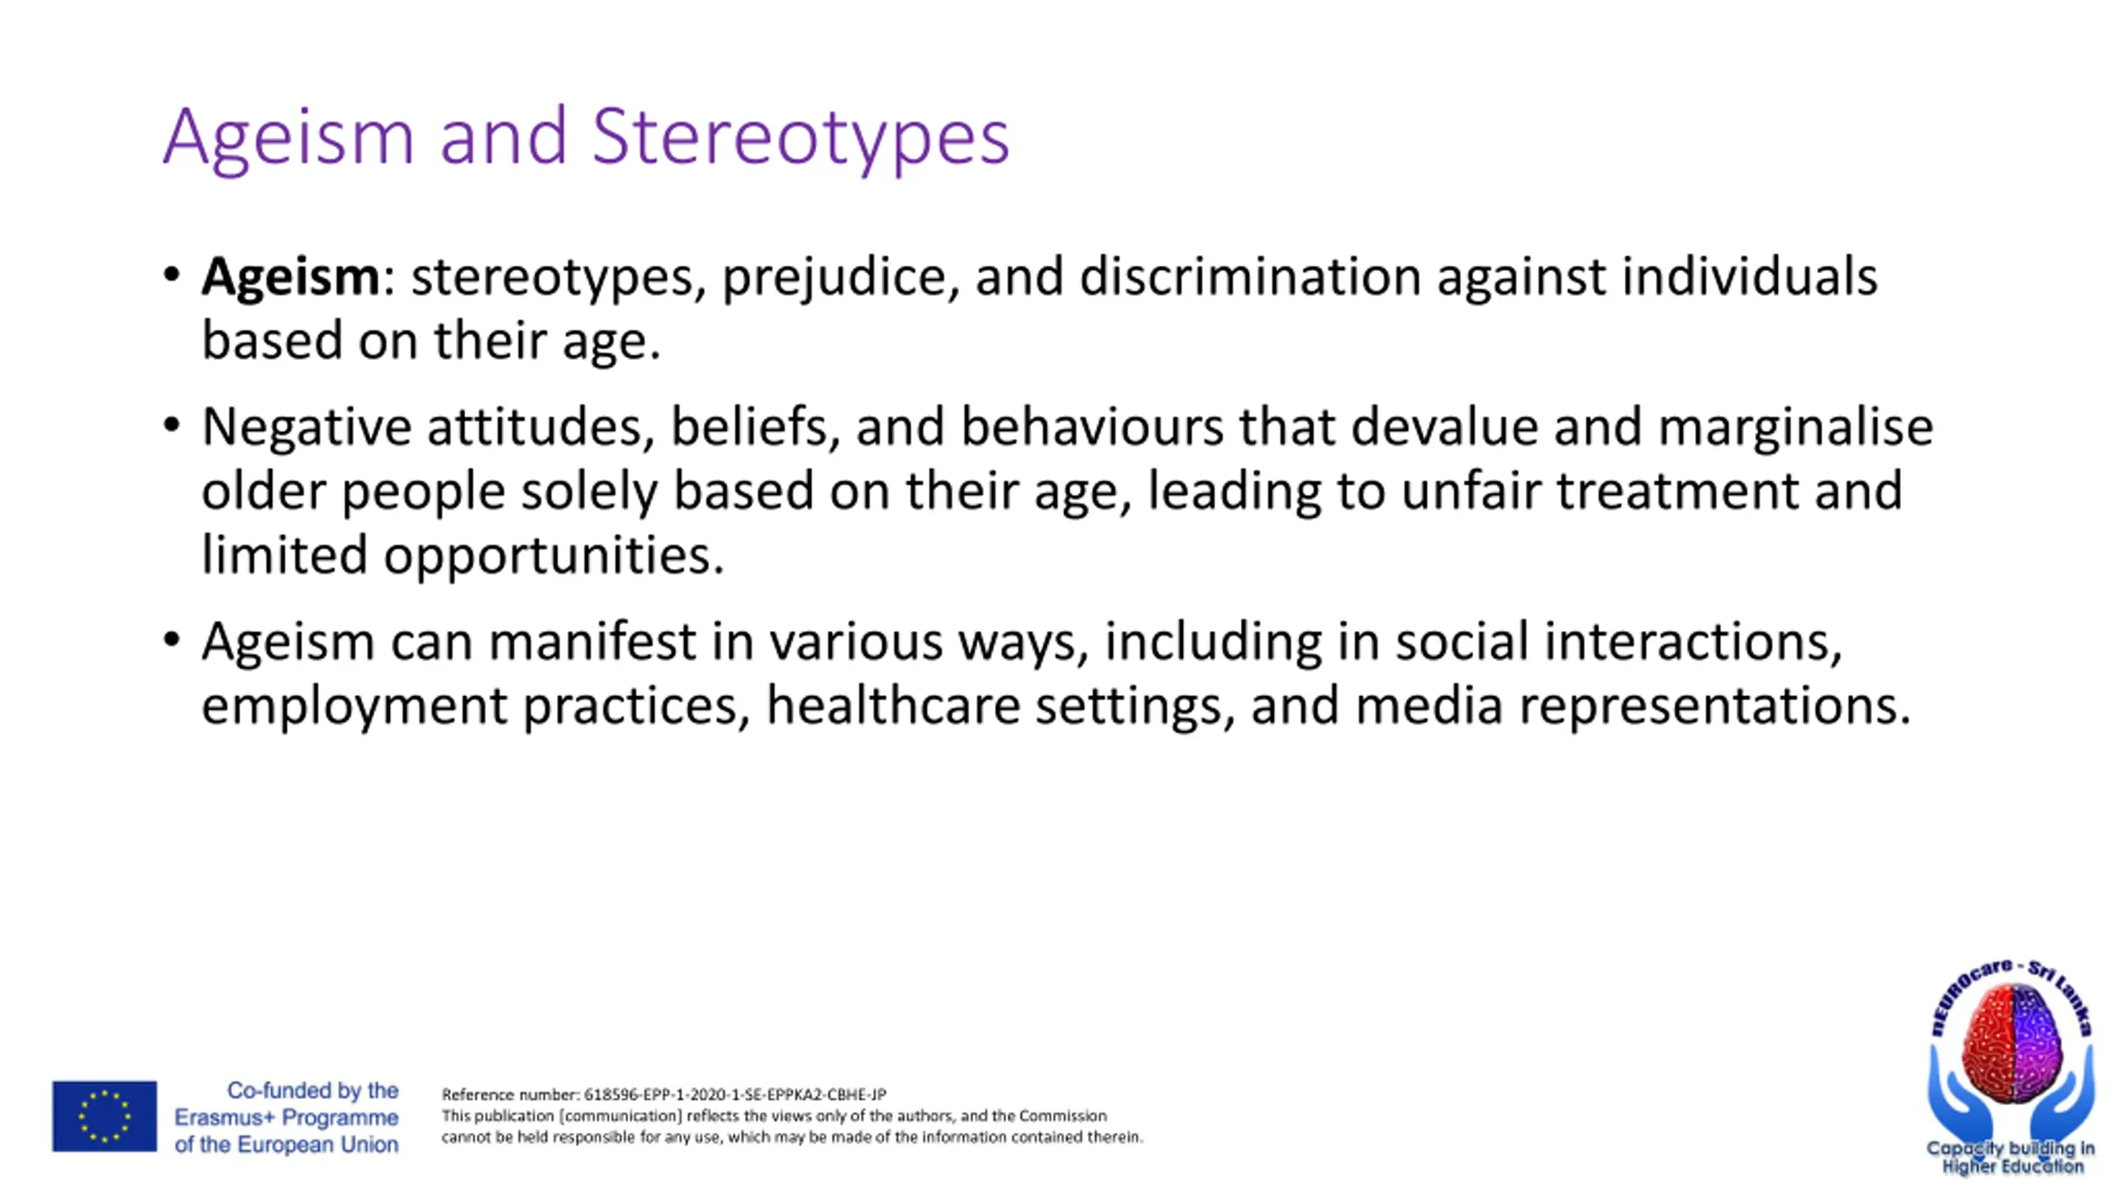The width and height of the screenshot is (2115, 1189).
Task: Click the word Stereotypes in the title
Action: point(800,138)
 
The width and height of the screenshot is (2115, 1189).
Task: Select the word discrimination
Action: point(1250,276)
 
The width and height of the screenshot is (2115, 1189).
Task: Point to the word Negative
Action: point(307,429)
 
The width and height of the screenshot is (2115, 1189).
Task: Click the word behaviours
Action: point(1092,427)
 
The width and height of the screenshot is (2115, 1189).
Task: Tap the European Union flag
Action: point(104,1116)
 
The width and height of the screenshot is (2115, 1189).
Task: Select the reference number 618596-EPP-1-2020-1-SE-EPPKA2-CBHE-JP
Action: point(734,1095)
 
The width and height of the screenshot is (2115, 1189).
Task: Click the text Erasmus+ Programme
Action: point(286,1118)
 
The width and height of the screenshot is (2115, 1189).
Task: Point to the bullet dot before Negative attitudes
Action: point(171,426)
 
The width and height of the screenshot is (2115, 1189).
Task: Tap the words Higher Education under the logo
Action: point(2013,1167)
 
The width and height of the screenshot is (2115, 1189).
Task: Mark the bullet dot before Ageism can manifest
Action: point(171,640)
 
